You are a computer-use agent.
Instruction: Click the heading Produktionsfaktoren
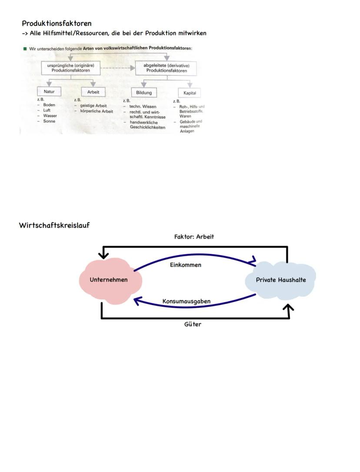pyautogui.click(x=57, y=23)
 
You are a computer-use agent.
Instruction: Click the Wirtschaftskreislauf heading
pyautogui.click(x=54, y=225)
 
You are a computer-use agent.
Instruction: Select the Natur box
pyautogui.click(x=49, y=92)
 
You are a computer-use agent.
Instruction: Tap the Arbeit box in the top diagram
pyautogui.click(x=93, y=92)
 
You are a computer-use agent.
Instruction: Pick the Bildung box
pyautogui.click(x=144, y=93)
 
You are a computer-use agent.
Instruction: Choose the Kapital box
pyautogui.click(x=190, y=93)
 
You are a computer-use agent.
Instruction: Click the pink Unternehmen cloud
pyautogui.click(x=109, y=280)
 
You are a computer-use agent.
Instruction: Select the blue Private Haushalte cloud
pyautogui.click(x=280, y=280)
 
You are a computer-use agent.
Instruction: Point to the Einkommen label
pyautogui.click(x=185, y=265)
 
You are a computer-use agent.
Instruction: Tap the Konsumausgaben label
pyautogui.click(x=186, y=301)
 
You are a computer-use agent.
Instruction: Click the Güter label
pyautogui.click(x=193, y=324)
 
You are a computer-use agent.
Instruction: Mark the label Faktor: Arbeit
pyautogui.click(x=194, y=237)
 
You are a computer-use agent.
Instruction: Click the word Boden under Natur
pyautogui.click(x=49, y=105)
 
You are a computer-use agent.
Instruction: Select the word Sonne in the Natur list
pyautogui.click(x=49, y=121)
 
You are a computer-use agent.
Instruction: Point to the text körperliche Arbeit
pyautogui.click(x=97, y=111)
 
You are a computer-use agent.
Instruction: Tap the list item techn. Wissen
pyautogui.click(x=143, y=106)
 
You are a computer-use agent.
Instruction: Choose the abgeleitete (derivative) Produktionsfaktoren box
pyautogui.click(x=166, y=68)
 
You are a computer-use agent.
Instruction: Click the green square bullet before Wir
pyautogui.click(x=25, y=48)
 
